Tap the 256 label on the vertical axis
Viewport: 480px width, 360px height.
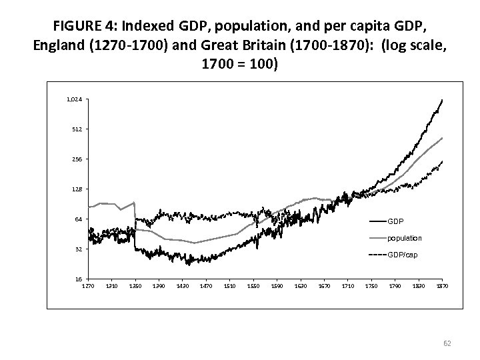[x=77, y=159]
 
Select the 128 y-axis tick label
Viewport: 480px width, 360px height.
[x=77, y=189]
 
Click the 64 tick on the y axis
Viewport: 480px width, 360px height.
[x=78, y=219]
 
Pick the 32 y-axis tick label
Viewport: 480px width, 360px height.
[x=78, y=249]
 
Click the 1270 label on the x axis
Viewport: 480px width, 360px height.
[x=88, y=286]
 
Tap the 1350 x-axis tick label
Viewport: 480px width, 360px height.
[x=135, y=286]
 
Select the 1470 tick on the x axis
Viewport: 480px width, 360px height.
[x=206, y=286]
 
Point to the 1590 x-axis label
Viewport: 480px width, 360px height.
[x=277, y=286]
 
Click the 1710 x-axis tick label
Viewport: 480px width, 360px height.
[x=347, y=286]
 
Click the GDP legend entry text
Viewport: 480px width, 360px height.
[x=395, y=221]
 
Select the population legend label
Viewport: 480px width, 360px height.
[x=404, y=238]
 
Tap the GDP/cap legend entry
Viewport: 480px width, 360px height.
[x=403, y=255]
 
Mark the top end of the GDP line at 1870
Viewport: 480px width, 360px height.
[x=442, y=100]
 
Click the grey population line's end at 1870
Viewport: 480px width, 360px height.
[x=442, y=138]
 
